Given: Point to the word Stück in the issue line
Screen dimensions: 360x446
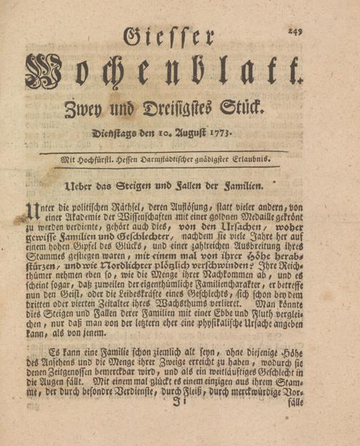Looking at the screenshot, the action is point(243,110).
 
